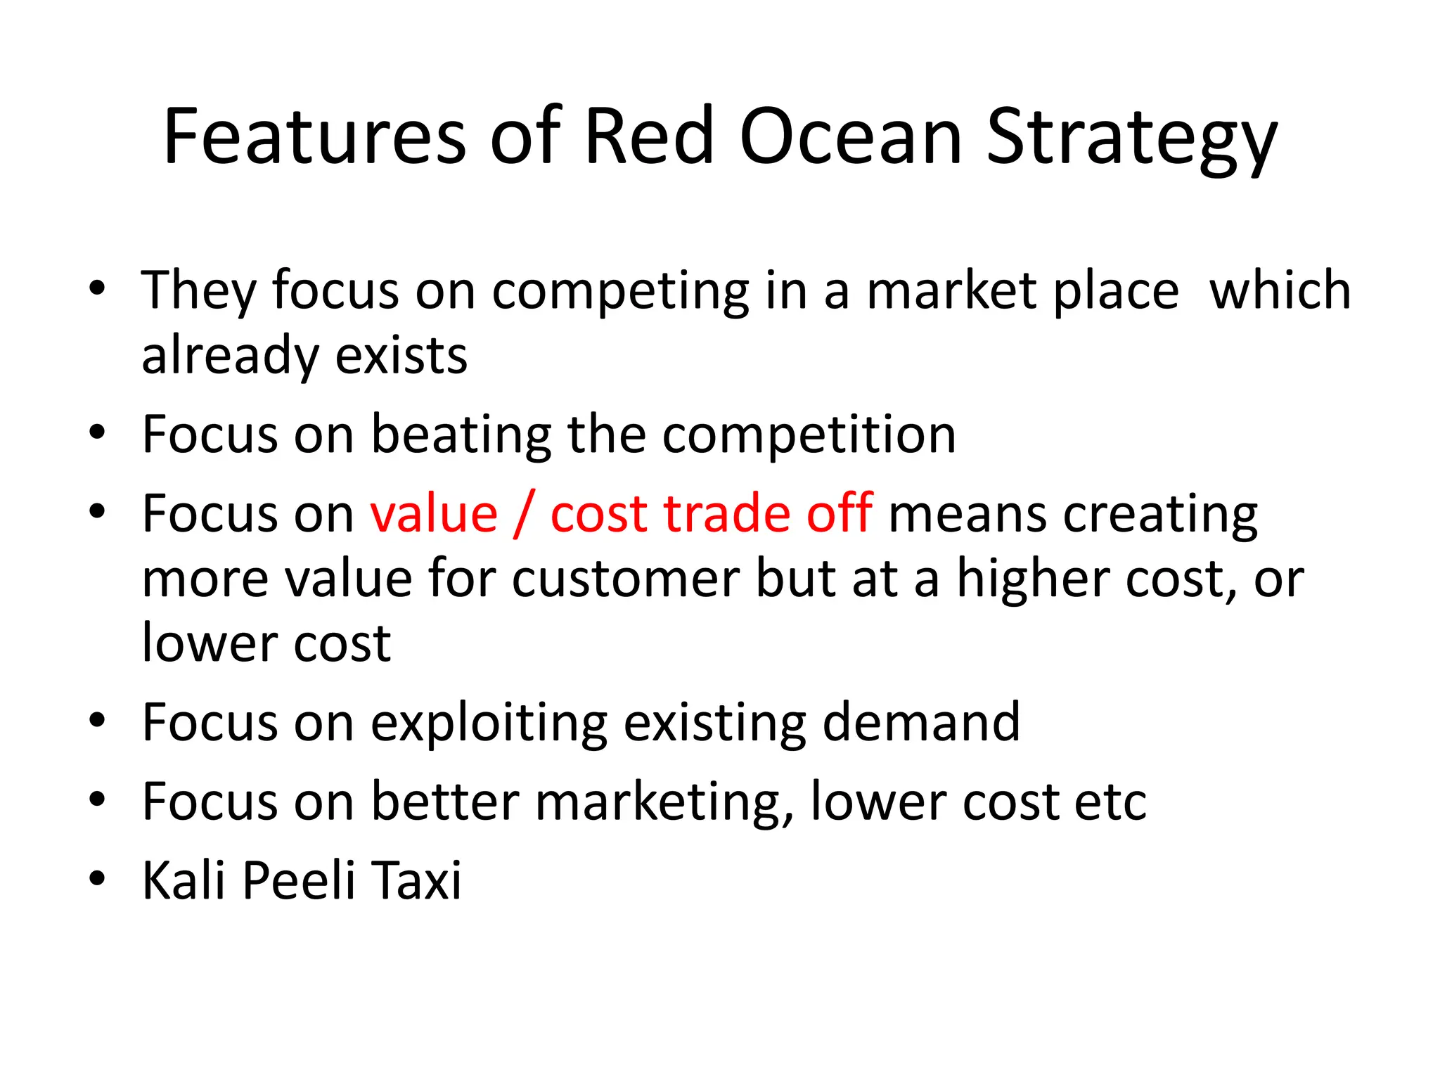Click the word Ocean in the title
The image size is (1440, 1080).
[x=850, y=137]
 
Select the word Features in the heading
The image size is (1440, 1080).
[x=314, y=137]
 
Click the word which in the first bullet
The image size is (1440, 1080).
[x=1280, y=290]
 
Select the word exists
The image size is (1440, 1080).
[x=401, y=356]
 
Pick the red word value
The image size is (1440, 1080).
[x=434, y=514]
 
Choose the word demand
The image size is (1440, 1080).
[x=921, y=723]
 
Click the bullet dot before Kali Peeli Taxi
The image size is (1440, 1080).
[x=97, y=878]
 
